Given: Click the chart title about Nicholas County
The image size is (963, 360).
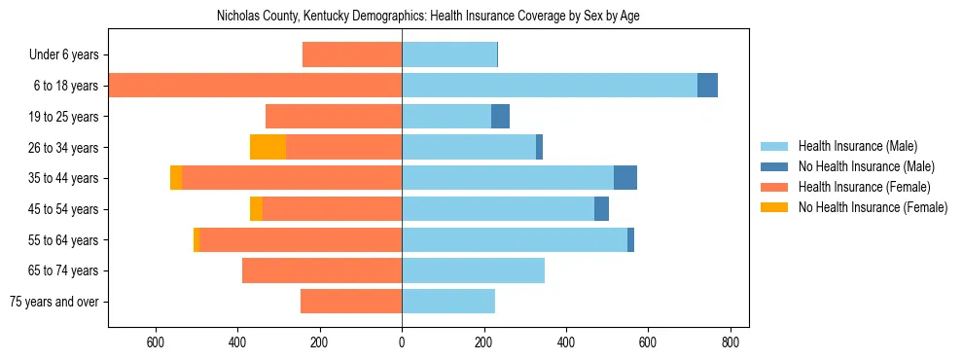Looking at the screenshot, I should point(428,17).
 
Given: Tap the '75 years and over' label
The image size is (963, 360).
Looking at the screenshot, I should point(54,302).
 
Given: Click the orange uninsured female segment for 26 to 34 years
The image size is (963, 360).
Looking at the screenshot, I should point(267,147).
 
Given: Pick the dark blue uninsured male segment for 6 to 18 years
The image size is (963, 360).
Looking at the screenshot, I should point(707,86).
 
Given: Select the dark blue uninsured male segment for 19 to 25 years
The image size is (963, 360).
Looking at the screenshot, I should point(500,117).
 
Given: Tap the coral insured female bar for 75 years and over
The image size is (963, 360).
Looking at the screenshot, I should point(351,302).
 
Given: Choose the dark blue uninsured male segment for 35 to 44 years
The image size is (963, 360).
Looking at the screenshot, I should point(624,178).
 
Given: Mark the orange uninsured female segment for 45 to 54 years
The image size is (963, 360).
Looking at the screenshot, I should point(256,209).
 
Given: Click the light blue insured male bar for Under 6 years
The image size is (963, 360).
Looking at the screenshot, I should point(449,55).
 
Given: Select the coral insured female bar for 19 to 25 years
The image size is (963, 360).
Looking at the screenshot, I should point(334,117).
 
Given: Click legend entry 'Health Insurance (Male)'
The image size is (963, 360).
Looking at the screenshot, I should point(857,146).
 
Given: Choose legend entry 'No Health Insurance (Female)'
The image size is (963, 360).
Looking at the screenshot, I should point(873,207).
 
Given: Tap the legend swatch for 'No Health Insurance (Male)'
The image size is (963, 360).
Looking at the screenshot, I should point(775,166).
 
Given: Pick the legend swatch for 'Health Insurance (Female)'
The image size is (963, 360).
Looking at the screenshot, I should point(775,187).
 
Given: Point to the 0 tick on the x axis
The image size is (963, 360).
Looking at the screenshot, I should point(402,342).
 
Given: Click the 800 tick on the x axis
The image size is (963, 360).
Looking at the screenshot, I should point(731,342).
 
